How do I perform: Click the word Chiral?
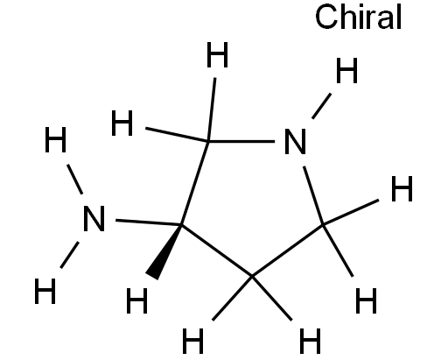359,17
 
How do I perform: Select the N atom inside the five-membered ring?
295,141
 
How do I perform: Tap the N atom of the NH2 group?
94,219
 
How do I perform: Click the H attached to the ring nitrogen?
346,70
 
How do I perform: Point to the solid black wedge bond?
164,252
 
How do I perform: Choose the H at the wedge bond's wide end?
136,301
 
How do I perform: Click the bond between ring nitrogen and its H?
321,106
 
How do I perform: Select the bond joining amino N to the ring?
149,222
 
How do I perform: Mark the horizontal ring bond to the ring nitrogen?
241,141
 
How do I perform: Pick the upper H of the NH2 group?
55,140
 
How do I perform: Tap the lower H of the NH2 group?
45,292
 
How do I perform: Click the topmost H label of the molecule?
217,54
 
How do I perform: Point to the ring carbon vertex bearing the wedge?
181,225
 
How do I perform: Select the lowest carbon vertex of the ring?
252,276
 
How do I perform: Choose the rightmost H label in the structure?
402,189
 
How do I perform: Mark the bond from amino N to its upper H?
74,180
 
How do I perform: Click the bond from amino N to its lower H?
69,255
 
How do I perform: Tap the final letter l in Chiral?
399,17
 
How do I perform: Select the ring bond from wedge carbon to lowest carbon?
217,251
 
